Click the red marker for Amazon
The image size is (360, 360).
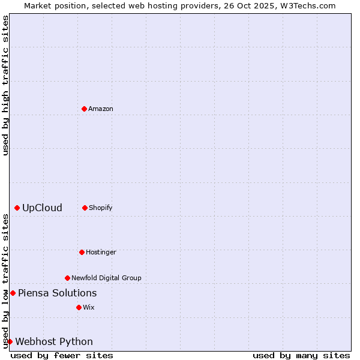84,109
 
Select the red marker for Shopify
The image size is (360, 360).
85,208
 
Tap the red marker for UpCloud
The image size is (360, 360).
17,208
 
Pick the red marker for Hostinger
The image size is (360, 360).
82,252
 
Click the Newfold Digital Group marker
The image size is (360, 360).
67,278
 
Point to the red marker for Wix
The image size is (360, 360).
79,307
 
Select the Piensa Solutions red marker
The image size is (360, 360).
13,293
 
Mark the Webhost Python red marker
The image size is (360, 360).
10,341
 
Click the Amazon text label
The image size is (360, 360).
101,109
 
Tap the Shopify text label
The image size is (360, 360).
101,208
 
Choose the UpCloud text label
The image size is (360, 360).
42,208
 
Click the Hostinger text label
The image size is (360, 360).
101,252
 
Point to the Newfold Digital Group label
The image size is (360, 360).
107,278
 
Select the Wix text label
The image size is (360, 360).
89,307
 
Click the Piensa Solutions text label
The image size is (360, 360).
57,293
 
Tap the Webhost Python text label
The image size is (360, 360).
54,342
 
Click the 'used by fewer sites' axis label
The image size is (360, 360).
62,355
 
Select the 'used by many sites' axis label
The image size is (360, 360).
301,355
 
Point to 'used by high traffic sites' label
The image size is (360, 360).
5,85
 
